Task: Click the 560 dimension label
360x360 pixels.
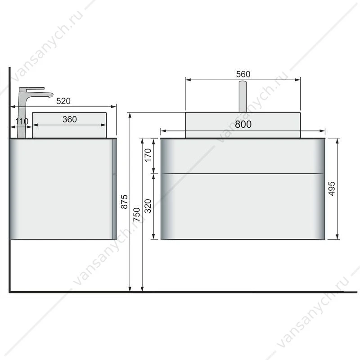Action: pos(243,74)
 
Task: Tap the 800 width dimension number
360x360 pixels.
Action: pos(243,124)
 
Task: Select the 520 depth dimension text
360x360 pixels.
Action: pos(63,101)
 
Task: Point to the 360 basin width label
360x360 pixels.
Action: pos(70,119)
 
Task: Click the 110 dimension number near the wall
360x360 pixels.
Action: pos(22,121)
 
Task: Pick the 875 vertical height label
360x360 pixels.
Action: pos(124,202)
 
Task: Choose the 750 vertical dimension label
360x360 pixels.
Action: pos(137,215)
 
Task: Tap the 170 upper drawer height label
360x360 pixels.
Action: pos(148,155)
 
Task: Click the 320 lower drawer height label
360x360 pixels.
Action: pos(148,206)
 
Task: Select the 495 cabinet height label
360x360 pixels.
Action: pos(332,189)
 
